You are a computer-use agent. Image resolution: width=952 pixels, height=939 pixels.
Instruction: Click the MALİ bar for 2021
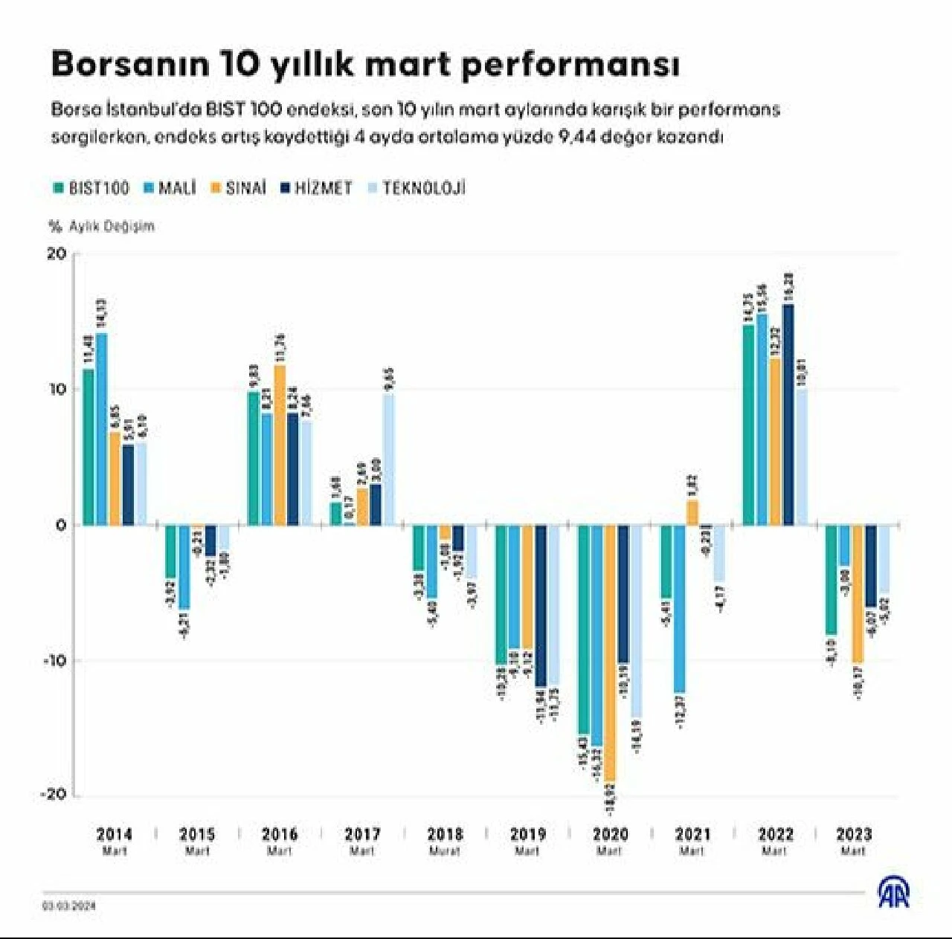[x=679, y=610]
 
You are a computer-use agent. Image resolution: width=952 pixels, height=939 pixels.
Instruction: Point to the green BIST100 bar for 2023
[x=831, y=580]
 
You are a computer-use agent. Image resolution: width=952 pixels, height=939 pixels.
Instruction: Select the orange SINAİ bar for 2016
[x=280, y=446]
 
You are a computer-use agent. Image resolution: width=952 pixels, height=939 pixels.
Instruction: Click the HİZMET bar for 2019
[x=541, y=606]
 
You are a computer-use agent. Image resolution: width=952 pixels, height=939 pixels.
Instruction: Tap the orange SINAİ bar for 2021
[x=692, y=513]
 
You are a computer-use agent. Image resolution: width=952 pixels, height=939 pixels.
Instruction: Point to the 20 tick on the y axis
[x=57, y=254]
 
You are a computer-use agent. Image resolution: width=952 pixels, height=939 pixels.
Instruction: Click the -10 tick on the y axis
[x=53, y=660]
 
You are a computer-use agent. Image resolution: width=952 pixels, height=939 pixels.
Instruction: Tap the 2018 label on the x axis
[x=445, y=834]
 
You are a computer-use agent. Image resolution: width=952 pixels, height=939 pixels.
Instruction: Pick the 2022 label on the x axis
[x=775, y=834]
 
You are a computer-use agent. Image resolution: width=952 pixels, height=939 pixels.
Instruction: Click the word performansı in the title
[x=570, y=65]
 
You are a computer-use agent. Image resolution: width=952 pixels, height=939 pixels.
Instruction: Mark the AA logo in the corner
[x=893, y=892]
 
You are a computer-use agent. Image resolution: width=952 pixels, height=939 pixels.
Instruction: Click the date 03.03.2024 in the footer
[x=69, y=906]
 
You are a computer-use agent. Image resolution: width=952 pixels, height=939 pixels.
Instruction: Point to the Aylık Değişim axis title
[x=112, y=226]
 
